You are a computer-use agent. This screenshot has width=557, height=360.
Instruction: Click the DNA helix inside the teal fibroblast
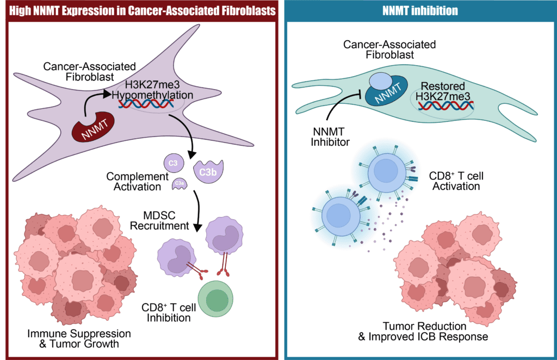[x=445, y=105]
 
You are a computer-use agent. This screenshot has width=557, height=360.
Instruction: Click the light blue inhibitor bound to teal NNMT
[x=379, y=82]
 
